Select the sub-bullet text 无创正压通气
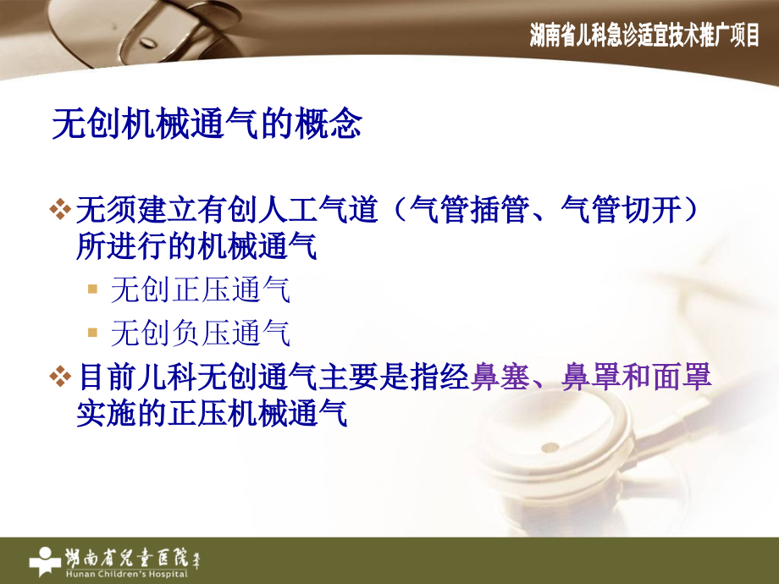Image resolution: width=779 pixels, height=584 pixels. tap(201, 290)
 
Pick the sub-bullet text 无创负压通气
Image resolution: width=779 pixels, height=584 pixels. tap(201, 333)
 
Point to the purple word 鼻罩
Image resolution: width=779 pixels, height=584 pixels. tap(584, 377)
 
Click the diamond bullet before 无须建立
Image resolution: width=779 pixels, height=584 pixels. tap(59, 209)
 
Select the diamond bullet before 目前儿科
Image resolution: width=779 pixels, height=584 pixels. tap(59, 377)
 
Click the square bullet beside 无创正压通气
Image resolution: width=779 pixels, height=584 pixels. tap(93, 291)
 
